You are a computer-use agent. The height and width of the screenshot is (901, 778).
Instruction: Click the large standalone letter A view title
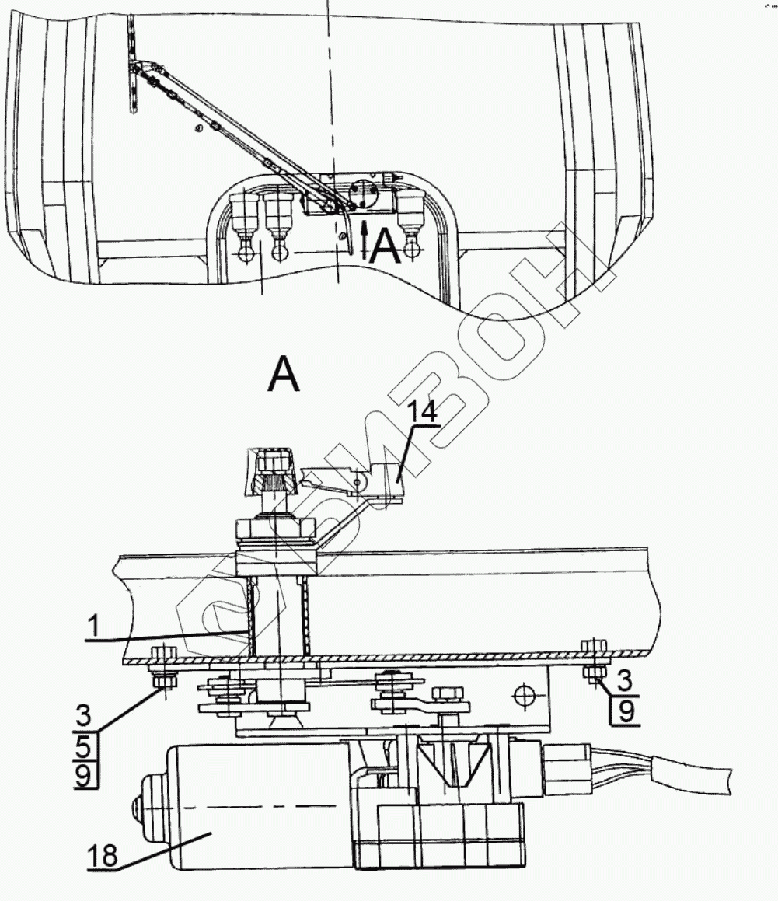283,376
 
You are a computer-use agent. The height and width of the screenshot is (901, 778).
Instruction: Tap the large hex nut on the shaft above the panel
277,532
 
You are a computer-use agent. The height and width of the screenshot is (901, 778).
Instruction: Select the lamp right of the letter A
410,218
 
